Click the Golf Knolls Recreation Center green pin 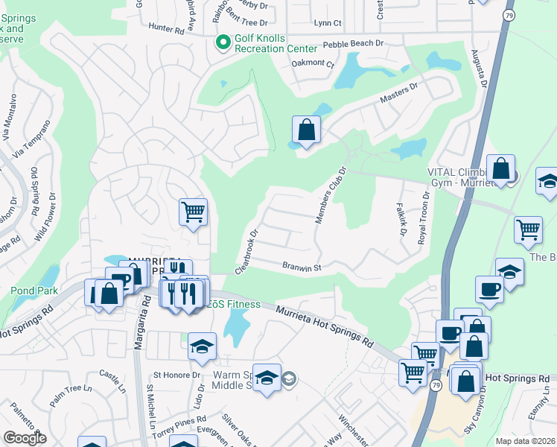coord(221,42)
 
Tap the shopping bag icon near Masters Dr coord(306,130)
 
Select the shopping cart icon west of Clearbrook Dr coord(193,212)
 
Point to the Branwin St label coord(302,267)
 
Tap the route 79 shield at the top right coord(509,14)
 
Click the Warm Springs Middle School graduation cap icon coord(267,378)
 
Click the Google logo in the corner coord(25,438)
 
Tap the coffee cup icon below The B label coord(489,290)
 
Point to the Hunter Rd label coord(165,31)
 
